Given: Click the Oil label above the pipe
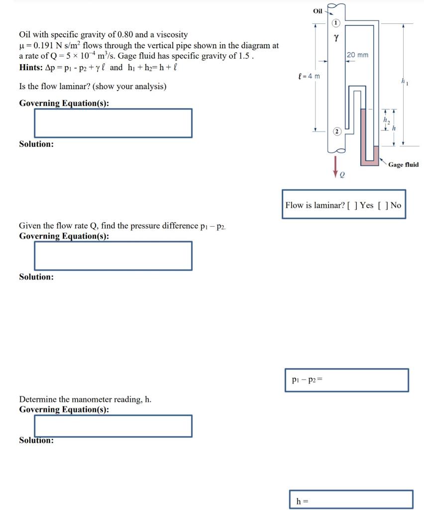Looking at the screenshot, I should pyautogui.click(x=318, y=10).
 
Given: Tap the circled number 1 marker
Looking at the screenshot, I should pyautogui.click(x=336, y=23).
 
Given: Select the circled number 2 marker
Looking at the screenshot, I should pyautogui.click(x=336, y=131).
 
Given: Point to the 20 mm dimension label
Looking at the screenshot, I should pyautogui.click(x=357, y=55).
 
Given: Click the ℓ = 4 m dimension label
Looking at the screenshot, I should pyautogui.click(x=308, y=76).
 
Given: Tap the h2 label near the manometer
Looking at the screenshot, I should pyautogui.click(x=385, y=120).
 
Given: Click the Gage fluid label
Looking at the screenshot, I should pyautogui.click(x=403, y=164).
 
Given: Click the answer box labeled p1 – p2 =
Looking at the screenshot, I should pyautogui.click(x=346, y=381).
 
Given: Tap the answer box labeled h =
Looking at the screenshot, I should pyautogui.click(x=351, y=500).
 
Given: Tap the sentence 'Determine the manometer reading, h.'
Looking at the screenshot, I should pyautogui.click(x=85, y=399).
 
